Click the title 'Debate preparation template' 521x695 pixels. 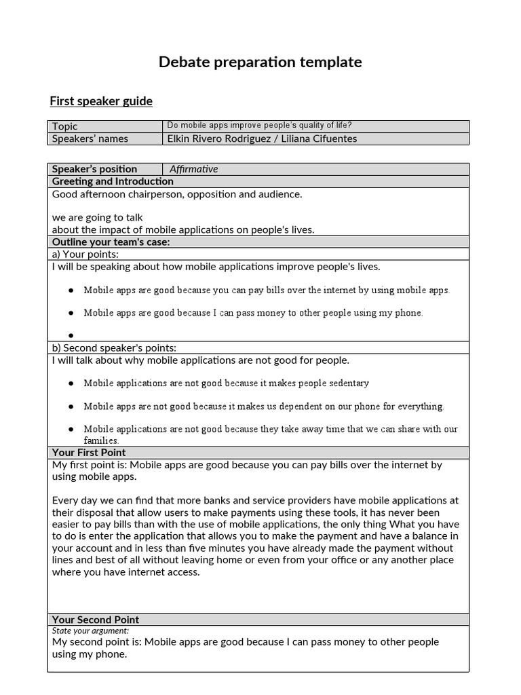(260, 62)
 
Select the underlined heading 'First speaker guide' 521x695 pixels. (101, 101)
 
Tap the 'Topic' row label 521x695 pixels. (65, 126)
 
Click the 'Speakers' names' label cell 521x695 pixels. (90, 138)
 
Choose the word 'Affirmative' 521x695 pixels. (194, 169)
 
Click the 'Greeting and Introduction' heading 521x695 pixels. (113, 181)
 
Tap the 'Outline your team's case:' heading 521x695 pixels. (111, 242)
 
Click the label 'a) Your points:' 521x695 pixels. (85, 254)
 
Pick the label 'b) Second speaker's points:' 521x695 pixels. (114, 347)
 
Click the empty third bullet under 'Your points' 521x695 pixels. (71, 335)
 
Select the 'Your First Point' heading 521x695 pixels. (89, 452)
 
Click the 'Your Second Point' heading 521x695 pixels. (96, 619)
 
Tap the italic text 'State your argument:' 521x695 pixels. (90, 631)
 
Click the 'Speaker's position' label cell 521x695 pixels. (94, 169)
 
